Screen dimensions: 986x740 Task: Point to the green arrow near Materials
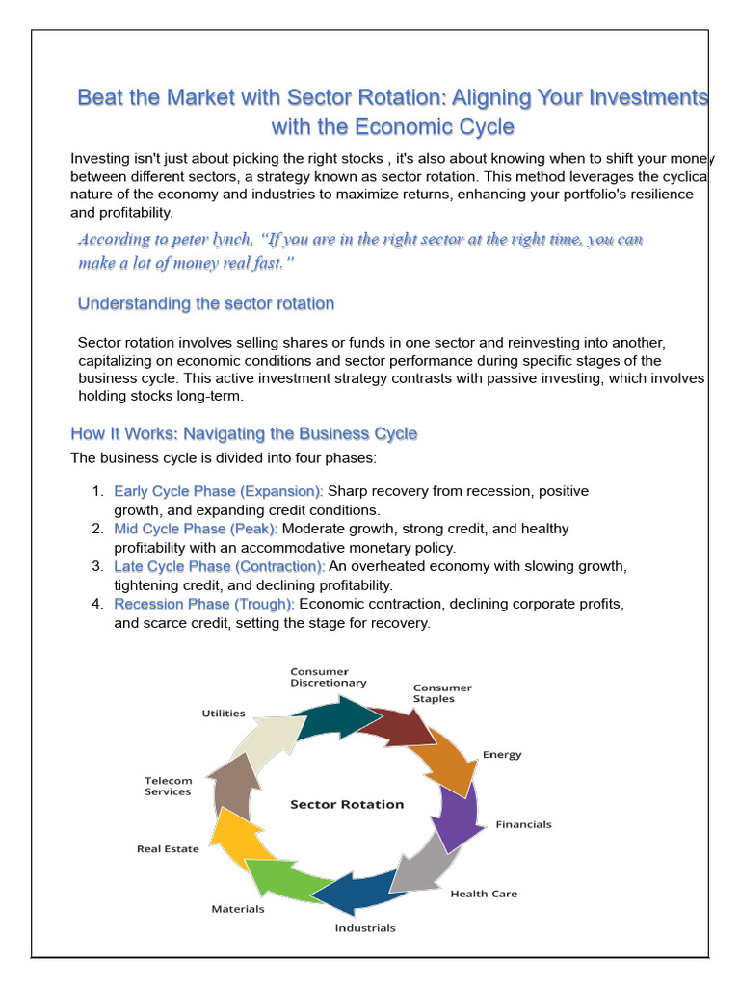[x=282, y=878]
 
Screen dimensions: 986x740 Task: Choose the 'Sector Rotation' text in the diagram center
[x=347, y=804]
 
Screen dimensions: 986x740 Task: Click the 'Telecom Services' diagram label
[x=169, y=786]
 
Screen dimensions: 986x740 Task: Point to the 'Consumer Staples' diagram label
[x=442, y=693]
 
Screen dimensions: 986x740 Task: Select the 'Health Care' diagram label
[x=484, y=894]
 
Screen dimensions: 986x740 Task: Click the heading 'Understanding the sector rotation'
[x=206, y=304]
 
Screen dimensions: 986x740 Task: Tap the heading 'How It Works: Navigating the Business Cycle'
[x=244, y=433]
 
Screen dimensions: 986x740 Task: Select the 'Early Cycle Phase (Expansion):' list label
[x=219, y=491]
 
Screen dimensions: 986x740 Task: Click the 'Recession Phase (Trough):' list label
[x=205, y=604]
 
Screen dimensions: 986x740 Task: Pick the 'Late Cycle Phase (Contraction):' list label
[x=219, y=566]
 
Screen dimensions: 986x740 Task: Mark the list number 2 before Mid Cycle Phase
[x=97, y=529]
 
